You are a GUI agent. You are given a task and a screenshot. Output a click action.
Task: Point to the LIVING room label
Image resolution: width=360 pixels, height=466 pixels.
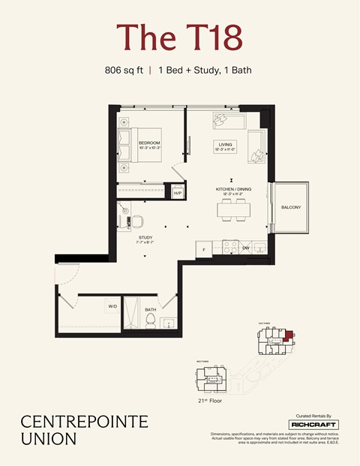point(224,144)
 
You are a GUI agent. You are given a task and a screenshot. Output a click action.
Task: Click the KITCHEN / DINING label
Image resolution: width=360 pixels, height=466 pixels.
point(232,189)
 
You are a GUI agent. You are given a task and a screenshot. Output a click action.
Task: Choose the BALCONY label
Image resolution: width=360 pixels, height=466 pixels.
point(291,207)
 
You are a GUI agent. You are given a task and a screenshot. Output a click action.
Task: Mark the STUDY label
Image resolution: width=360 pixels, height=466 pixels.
point(145,239)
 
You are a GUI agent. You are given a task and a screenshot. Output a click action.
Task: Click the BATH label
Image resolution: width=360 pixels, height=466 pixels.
point(151,309)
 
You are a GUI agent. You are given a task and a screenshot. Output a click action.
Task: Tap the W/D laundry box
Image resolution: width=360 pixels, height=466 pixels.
point(112,306)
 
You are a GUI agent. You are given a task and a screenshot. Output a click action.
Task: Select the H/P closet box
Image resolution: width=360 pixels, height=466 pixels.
point(178,194)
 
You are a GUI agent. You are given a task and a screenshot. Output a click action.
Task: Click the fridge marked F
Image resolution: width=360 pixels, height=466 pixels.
point(204,248)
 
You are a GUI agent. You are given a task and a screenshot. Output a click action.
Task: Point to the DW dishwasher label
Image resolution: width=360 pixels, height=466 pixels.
point(245,248)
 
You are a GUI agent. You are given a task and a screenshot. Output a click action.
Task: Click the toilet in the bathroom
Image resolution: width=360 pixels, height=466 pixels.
point(150,322)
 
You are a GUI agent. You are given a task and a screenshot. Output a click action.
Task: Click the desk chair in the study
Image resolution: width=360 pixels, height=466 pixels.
point(137,222)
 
